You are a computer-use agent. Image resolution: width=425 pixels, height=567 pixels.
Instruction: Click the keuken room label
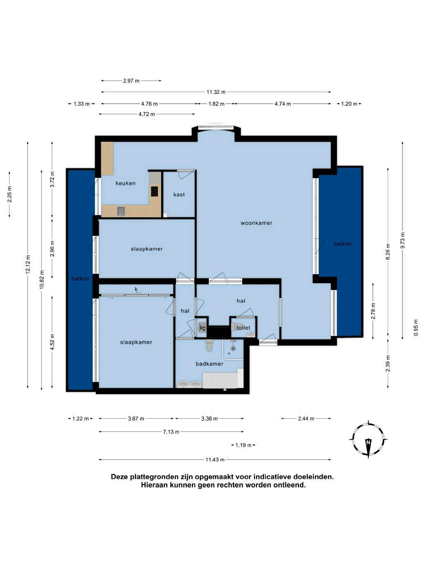[125, 183]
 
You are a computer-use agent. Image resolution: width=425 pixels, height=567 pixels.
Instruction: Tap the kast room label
[179, 195]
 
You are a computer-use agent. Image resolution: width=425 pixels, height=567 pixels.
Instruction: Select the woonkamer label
[256, 223]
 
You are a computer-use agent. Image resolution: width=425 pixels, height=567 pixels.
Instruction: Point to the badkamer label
[209, 364]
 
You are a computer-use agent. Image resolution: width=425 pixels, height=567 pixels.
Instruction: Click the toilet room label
[243, 328]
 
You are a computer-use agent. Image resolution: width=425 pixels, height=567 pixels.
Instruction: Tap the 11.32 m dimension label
[216, 92]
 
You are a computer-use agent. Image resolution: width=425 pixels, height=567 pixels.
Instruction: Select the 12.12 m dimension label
[28, 265]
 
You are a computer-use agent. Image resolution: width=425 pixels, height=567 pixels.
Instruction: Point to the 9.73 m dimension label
[403, 240]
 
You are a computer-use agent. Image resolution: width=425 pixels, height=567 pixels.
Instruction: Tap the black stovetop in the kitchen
[155, 191]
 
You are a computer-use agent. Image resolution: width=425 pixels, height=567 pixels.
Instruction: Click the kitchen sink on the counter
[121, 211]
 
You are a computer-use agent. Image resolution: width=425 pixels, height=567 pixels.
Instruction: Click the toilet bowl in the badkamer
[209, 345]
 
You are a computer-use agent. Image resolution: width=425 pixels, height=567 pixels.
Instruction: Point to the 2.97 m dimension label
[131, 81]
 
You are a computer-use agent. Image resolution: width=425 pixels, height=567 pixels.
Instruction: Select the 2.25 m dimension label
[9, 194]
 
